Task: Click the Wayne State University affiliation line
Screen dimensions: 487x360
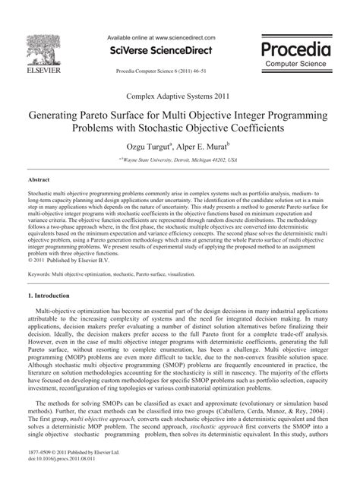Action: pyautogui.click(x=180, y=161)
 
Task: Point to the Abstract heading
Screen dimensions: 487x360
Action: pyautogui.click(x=39, y=179)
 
